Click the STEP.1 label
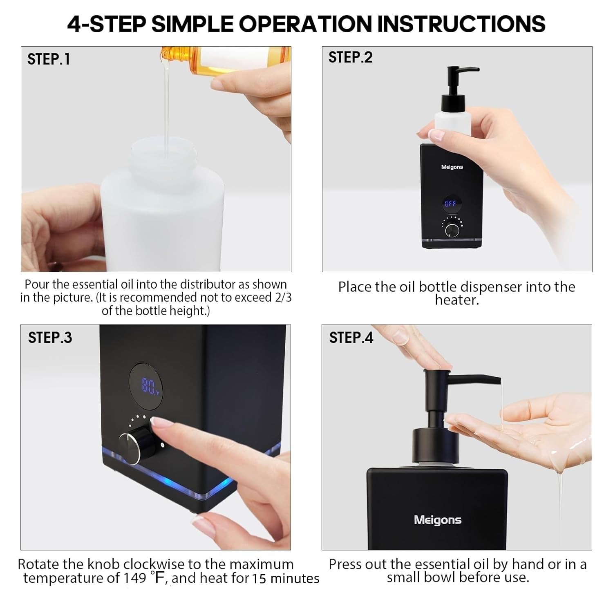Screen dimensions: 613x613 pos(49,59)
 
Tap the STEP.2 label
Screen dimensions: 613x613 pos(350,57)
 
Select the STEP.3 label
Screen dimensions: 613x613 pos(50,338)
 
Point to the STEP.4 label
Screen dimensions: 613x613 pos(351,338)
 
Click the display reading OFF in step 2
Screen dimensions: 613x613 pos(450,203)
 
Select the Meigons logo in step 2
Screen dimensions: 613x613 pos(452,167)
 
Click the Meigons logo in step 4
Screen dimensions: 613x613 pos(437,520)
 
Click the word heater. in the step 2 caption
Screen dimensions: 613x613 pos(456,300)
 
